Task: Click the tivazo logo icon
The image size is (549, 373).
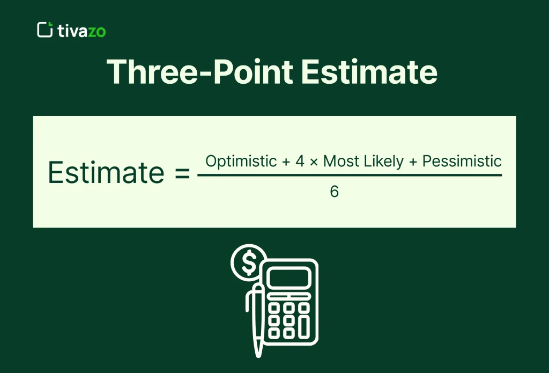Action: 45,30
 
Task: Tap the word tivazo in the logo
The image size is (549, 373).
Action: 81,31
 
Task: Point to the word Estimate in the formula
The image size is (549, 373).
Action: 106,173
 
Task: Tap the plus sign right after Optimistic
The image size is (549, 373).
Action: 285,161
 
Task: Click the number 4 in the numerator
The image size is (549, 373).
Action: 300,161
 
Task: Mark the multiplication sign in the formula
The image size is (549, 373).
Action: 314,162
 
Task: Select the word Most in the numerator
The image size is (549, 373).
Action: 339,161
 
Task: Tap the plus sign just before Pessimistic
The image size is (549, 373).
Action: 413,161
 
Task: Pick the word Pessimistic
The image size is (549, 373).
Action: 462,161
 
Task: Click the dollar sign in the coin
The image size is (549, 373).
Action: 249,262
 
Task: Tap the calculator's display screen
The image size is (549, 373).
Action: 289,278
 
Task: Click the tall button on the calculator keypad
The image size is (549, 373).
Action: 304,326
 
